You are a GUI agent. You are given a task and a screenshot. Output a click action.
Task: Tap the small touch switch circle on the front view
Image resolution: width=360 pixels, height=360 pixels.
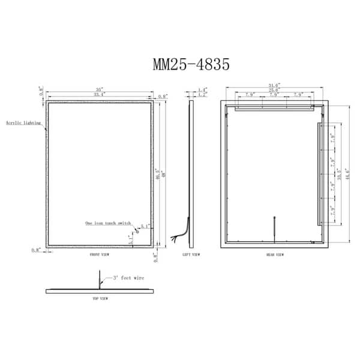click(137, 228)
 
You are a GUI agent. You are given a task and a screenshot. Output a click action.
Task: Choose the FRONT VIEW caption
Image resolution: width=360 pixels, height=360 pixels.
click(100, 254)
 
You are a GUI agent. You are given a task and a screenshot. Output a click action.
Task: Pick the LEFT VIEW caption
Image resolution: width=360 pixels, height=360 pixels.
click(191, 254)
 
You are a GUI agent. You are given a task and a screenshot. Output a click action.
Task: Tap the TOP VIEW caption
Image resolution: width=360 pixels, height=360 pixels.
click(100, 298)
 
